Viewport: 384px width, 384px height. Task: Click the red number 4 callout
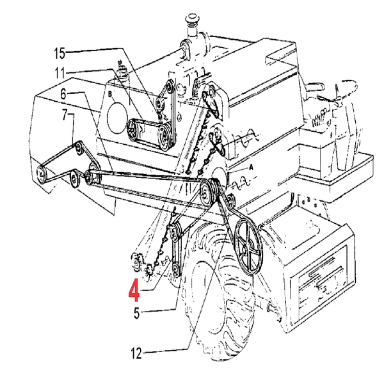click(x=134, y=291)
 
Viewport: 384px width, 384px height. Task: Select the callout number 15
click(x=60, y=53)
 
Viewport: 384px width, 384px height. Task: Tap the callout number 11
click(x=60, y=73)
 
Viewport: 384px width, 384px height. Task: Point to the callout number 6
click(x=63, y=94)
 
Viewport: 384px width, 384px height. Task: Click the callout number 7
click(x=65, y=115)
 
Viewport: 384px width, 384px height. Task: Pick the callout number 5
click(x=137, y=313)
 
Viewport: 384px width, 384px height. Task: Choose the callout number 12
click(x=136, y=353)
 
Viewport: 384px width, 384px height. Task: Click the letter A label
click(x=250, y=168)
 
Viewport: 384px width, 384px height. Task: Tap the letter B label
click(x=110, y=94)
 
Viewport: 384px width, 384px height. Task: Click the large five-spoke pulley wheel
click(x=248, y=247)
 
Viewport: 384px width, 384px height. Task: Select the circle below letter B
click(x=117, y=118)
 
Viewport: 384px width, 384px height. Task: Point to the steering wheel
click(x=346, y=91)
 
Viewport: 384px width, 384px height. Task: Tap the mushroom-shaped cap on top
click(x=192, y=19)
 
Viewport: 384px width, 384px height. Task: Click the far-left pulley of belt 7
click(x=41, y=174)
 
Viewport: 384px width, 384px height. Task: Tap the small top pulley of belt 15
click(x=170, y=86)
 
